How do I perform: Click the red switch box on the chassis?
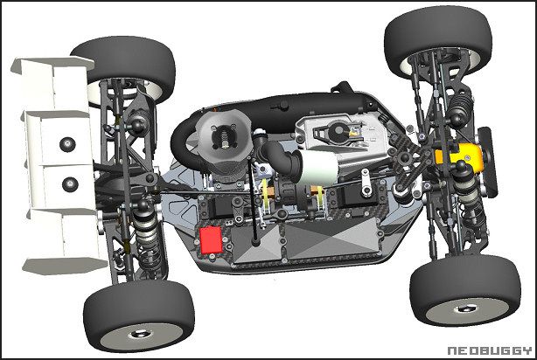pos(211,240)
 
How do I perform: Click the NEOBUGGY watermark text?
pos(490,350)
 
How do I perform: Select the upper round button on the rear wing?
pos(67,144)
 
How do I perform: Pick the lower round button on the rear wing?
pos(70,184)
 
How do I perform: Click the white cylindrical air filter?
pos(318,168)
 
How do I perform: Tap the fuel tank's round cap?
pos(338,131)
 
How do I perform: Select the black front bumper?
pos(488,162)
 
